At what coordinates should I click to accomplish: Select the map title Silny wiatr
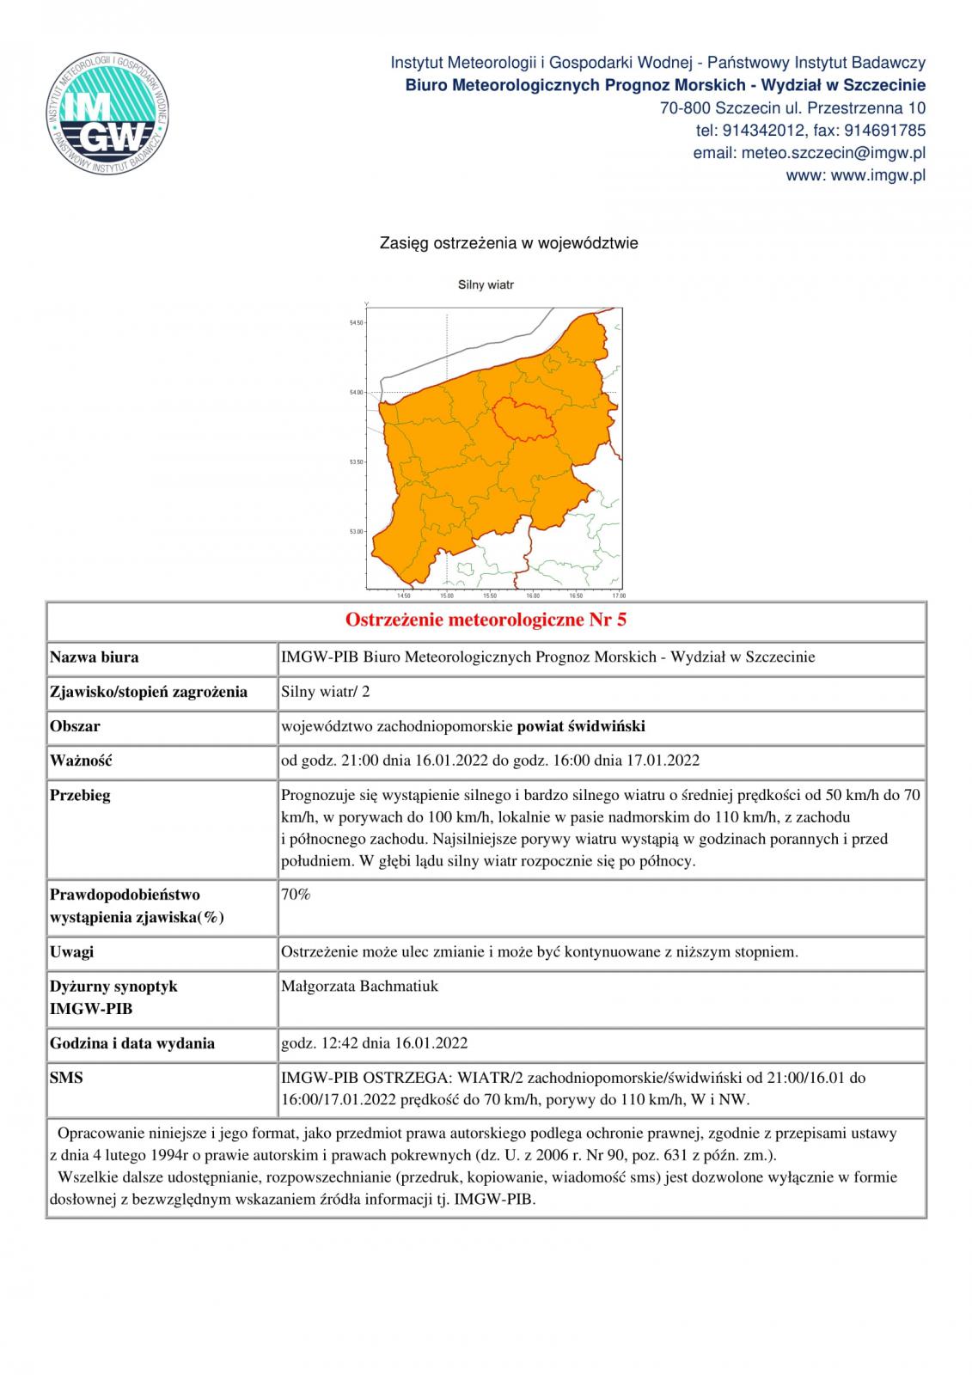[x=486, y=284]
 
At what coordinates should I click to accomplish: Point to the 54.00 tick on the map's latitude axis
[x=355, y=393]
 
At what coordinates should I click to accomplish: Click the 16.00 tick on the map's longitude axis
[x=532, y=595]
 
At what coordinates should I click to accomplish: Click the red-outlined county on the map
[x=527, y=419]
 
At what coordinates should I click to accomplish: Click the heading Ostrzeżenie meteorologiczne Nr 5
[x=486, y=620]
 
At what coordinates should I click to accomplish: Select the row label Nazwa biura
[x=95, y=657]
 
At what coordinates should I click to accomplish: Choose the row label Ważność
[x=81, y=761]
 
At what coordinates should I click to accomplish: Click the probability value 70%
[x=296, y=894]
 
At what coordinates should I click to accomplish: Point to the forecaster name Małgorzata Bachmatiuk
[x=359, y=986]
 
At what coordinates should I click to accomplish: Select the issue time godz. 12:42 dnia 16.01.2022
[x=375, y=1043]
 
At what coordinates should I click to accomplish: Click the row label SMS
[x=66, y=1077]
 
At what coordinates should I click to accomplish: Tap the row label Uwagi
[x=72, y=951]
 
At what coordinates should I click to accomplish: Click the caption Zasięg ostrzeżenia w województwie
[x=509, y=243]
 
